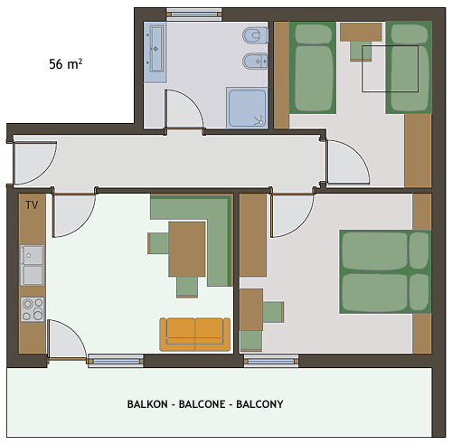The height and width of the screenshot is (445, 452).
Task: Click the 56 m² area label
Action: (66, 64)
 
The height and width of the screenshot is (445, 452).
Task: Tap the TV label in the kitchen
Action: (32, 205)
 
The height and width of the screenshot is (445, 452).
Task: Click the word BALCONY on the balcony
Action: (259, 404)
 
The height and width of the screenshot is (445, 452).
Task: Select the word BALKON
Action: (147, 404)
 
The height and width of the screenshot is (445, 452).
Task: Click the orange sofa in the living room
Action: (195, 335)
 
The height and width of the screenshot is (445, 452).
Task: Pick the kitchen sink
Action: (32, 265)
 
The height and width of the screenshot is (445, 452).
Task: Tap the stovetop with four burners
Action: (33, 309)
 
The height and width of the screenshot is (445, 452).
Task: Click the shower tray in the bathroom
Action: (247, 108)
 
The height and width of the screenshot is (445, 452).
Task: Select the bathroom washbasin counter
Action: (155, 52)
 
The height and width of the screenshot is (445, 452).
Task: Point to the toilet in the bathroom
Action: (255, 35)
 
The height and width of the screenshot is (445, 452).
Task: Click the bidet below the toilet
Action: (255, 62)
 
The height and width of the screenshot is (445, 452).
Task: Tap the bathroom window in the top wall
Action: (194, 14)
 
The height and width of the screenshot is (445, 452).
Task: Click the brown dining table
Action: (187, 249)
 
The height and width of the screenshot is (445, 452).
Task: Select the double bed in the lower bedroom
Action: (385, 272)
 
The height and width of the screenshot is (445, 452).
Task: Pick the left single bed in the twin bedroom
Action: (313, 68)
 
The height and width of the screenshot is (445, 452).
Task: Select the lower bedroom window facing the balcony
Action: (271, 361)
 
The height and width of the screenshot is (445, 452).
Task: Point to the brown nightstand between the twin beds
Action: (361, 32)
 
